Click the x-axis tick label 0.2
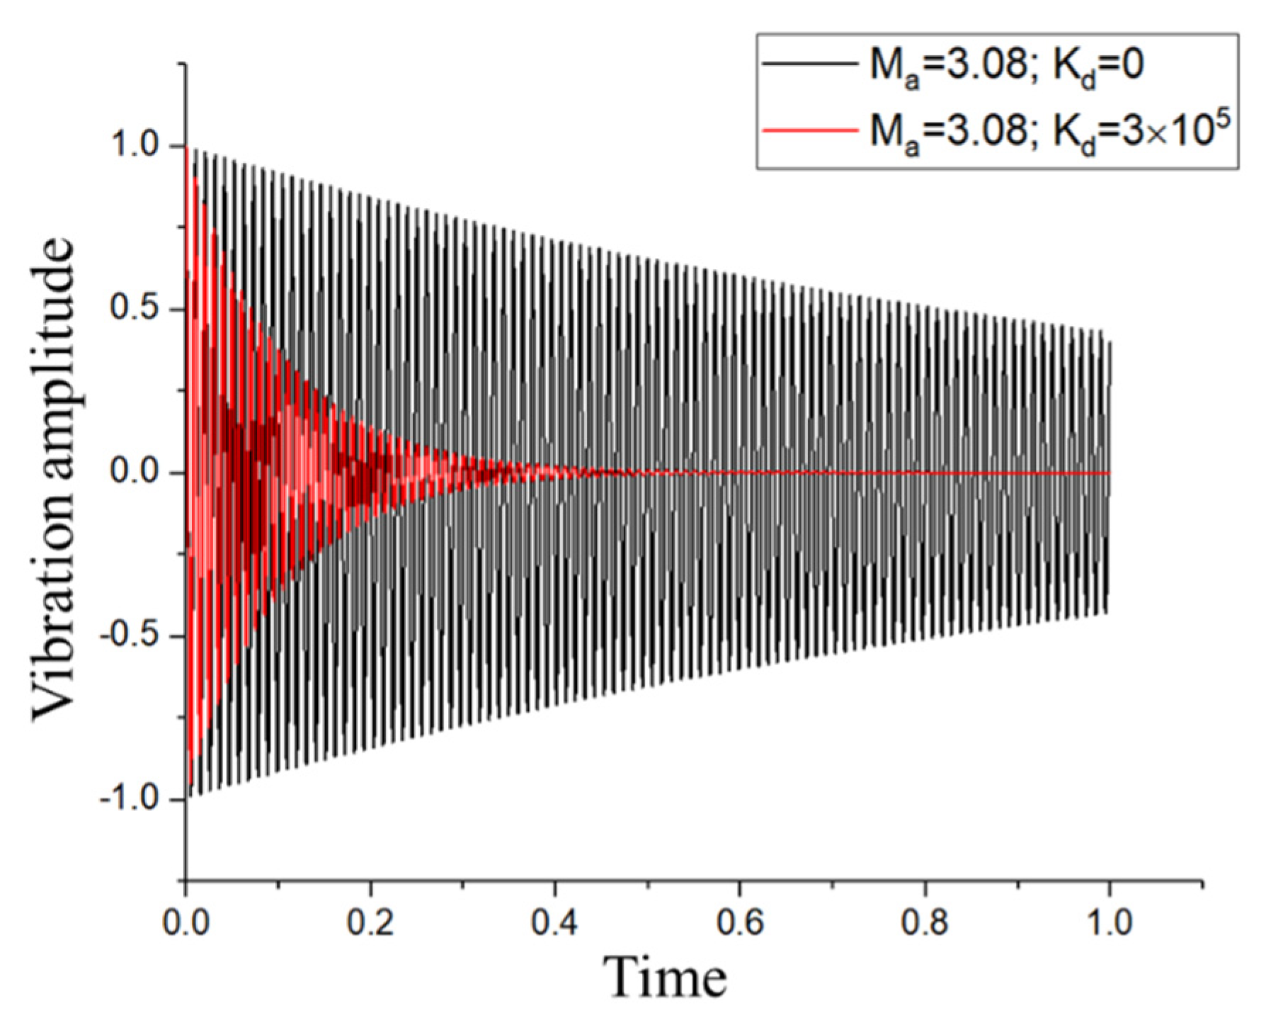(x=370, y=922)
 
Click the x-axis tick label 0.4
(x=555, y=922)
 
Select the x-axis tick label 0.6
(x=740, y=922)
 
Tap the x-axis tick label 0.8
(x=925, y=922)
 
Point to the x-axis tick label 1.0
(x=1109, y=922)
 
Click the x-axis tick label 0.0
(x=186, y=922)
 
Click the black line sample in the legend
(x=809, y=64)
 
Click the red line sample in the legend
(x=809, y=130)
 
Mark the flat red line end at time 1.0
(x=1109, y=472)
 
